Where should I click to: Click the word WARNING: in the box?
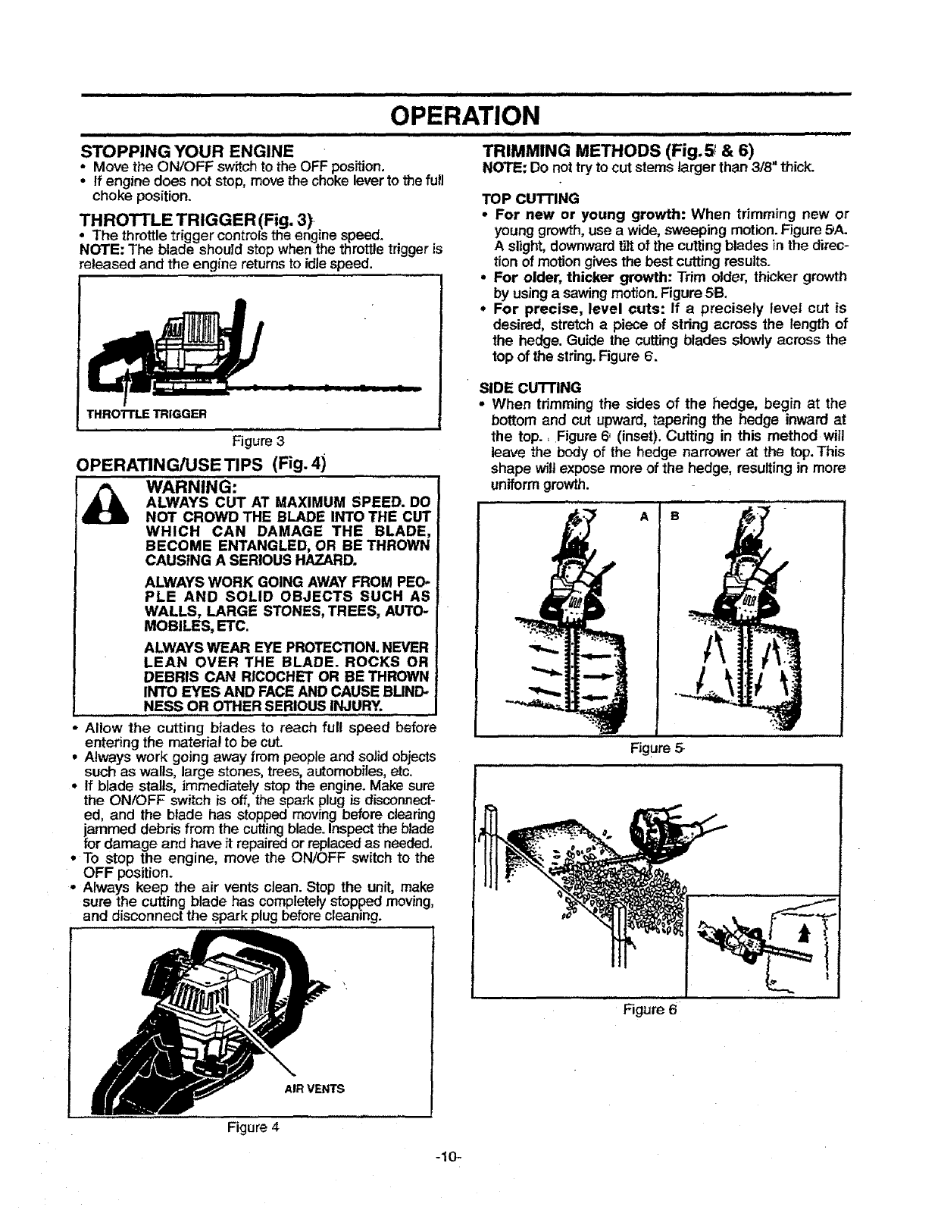pyautogui.click(x=192, y=485)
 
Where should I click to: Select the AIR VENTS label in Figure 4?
pyautogui.click(x=314, y=1089)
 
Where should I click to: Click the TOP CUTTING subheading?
pyautogui.click(x=530, y=199)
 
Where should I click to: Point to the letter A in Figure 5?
pyautogui.click(x=644, y=516)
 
